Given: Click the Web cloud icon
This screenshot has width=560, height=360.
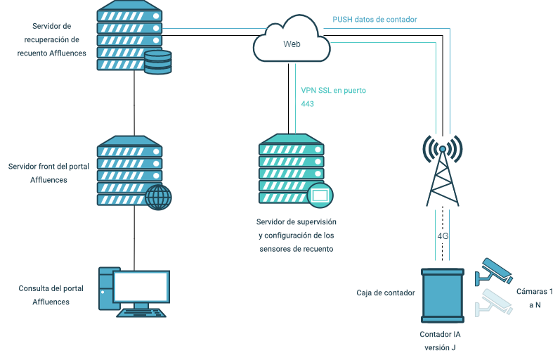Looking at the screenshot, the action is [292, 39].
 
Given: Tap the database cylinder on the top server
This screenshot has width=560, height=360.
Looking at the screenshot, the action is [158, 62].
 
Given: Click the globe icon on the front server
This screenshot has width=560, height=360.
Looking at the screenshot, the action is [158, 197].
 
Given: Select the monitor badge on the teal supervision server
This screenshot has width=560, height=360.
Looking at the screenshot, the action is [320, 195].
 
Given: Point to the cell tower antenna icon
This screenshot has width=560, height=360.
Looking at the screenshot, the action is [443, 170].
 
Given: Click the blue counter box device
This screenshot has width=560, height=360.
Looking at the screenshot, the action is [443, 295].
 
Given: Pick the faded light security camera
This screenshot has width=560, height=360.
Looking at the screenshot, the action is [493, 303].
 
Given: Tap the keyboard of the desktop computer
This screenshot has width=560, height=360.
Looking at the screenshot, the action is [141, 313].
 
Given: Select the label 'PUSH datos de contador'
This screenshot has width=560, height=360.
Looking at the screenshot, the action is [375, 20].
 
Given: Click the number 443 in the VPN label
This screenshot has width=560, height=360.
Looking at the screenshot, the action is [307, 104].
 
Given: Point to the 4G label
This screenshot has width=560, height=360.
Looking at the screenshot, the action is [443, 236].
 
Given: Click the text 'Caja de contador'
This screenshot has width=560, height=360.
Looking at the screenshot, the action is [385, 292].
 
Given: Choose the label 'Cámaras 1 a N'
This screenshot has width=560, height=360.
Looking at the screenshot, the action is [534, 298].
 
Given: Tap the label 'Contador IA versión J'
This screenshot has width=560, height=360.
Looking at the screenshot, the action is [440, 341].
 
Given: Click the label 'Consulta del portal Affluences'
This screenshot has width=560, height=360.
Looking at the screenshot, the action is [51, 295].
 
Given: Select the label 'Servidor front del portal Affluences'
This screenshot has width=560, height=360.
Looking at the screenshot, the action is [48, 173].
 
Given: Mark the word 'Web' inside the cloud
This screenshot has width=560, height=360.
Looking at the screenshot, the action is [292, 44].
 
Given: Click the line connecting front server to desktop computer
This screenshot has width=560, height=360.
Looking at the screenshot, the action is [134, 238].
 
